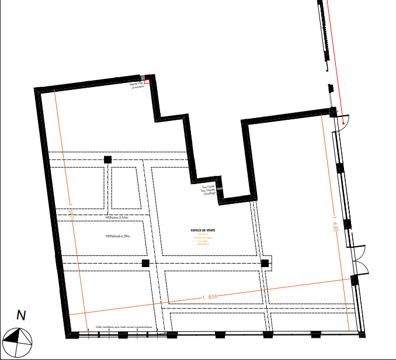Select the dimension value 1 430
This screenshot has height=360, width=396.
(x=335, y=226)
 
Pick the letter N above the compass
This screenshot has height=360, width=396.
(x=21, y=316)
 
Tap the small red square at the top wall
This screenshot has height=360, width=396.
(x=147, y=82)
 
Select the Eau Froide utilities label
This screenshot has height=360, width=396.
(x=208, y=185)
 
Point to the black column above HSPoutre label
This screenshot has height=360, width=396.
(x=107, y=160)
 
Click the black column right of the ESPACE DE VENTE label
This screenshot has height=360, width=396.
(x=265, y=263)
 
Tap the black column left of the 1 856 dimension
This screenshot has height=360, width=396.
(x=146, y=264)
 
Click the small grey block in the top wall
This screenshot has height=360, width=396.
(x=142, y=77)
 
